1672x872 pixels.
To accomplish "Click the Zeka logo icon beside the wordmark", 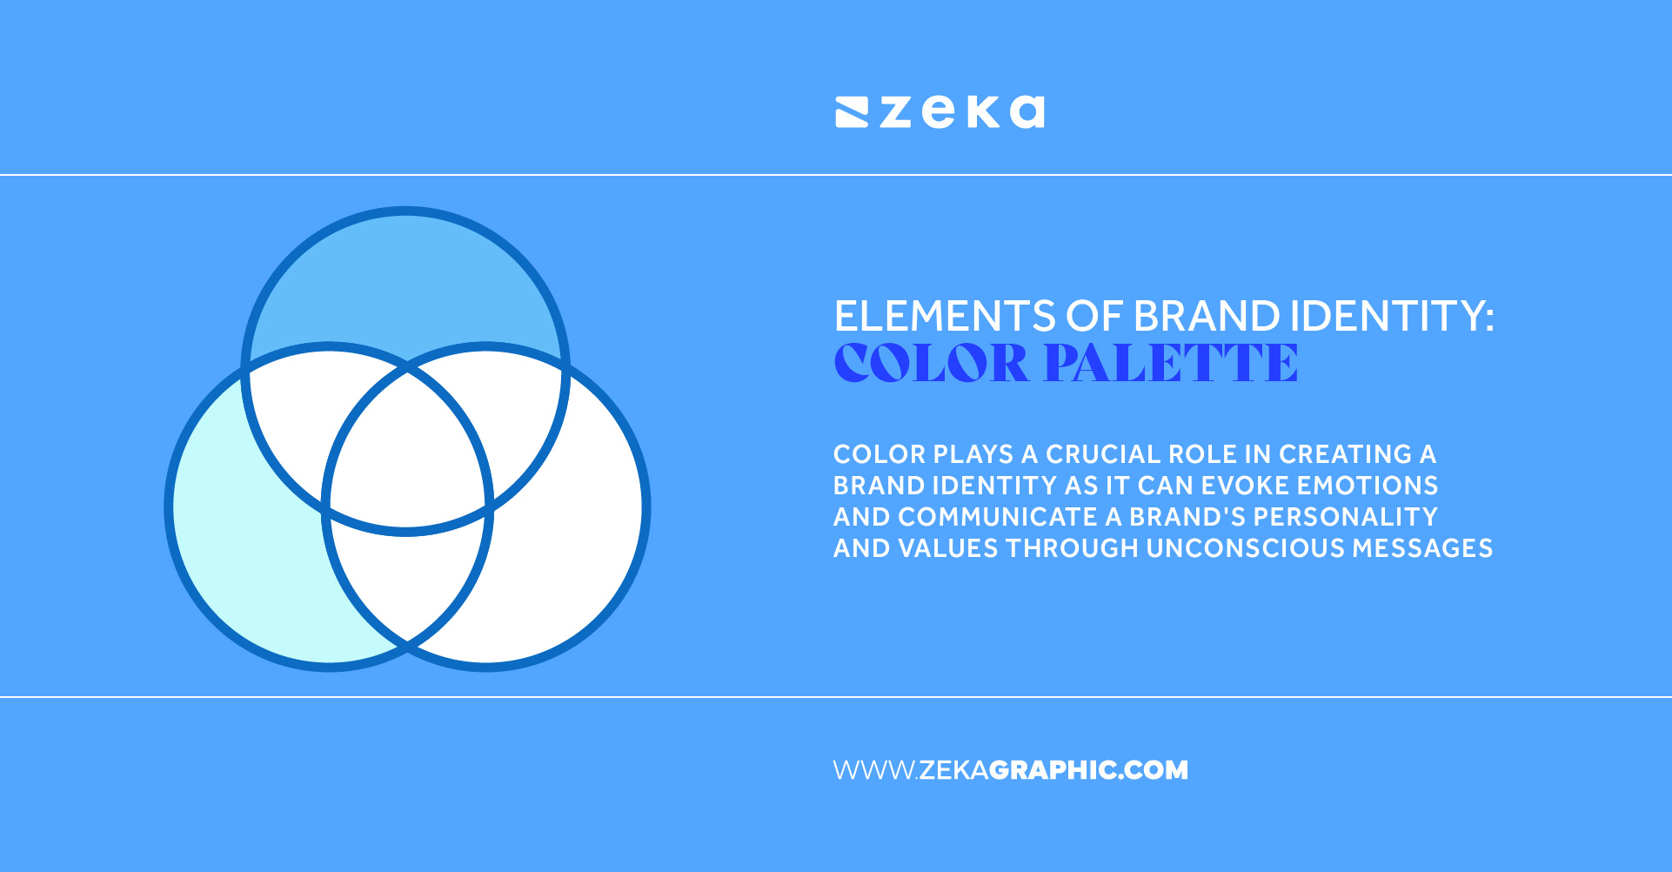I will click(x=852, y=113).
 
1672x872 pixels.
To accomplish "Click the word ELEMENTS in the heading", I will click(x=945, y=316).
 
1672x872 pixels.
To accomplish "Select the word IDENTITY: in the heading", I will click(x=1392, y=316).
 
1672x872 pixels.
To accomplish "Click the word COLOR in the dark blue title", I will click(x=931, y=363).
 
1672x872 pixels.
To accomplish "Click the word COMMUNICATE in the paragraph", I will click(x=997, y=517).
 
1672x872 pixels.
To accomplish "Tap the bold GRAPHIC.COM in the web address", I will click(x=1088, y=770).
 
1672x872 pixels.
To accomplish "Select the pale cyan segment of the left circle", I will click(x=244, y=557).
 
